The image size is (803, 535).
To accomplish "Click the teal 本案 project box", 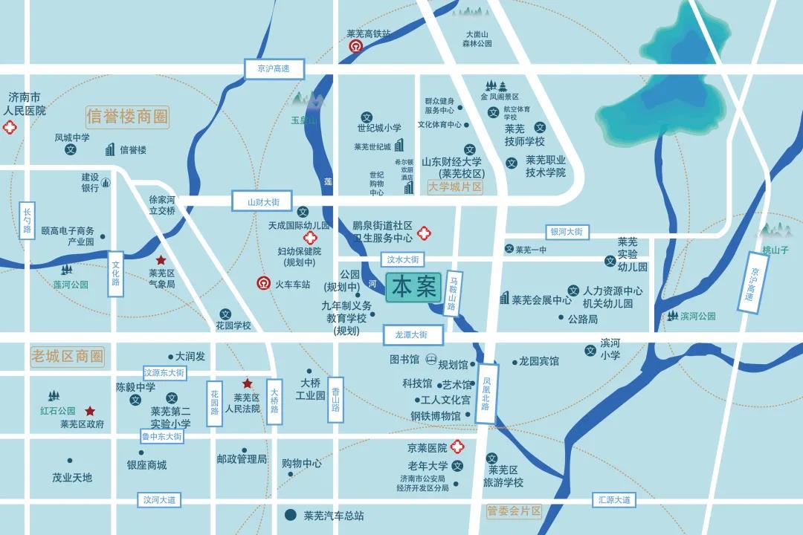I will pos(413,288).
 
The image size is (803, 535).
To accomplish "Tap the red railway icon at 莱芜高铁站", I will pos(356,47).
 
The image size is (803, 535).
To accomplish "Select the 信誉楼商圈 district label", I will pos(127,117).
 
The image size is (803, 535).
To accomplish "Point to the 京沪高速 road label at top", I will pos(268,69).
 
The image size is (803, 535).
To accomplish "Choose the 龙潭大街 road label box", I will pos(413,335).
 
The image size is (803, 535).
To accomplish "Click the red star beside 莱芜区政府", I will pos(90,411).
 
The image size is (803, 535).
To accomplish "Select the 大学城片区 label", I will pos(455,187).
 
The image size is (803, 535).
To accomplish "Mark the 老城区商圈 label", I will pos(67,356).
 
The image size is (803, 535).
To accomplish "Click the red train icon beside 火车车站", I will pos(263,283).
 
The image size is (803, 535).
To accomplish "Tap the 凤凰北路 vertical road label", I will pos(486,393).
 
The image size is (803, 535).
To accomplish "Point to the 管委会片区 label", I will pos(515,511).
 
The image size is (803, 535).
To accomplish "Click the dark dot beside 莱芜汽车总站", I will pos(291,514).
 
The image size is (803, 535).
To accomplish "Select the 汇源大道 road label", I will pos(614,500).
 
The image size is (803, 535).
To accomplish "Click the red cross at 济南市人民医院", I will pos(10,128).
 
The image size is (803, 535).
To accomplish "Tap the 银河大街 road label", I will pos(567,232).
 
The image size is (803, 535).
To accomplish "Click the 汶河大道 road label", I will pos(160,500).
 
